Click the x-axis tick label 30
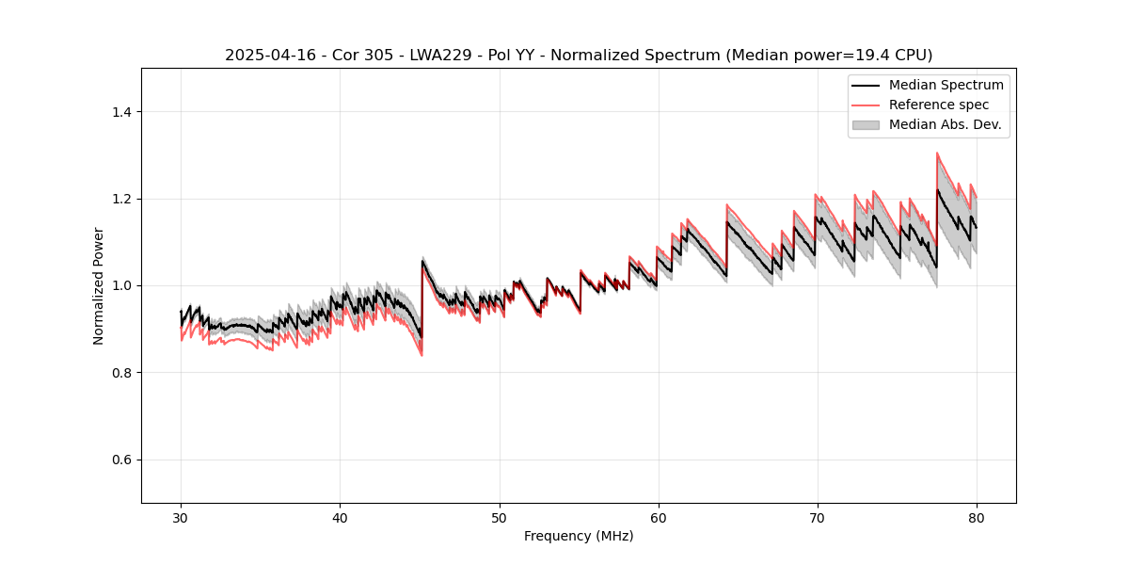coord(181,518)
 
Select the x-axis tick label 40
coord(340,518)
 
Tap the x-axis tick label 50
coord(499,518)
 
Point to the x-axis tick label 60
coord(658,518)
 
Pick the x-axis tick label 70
coord(817,518)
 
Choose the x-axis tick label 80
coord(976,518)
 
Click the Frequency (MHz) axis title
coord(579,536)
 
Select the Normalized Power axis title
coord(99,285)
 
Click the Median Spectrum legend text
coord(946,85)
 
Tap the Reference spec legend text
coord(939,105)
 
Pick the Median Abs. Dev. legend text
coord(945,124)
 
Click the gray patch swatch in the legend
coord(866,124)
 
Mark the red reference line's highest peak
coord(937,153)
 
